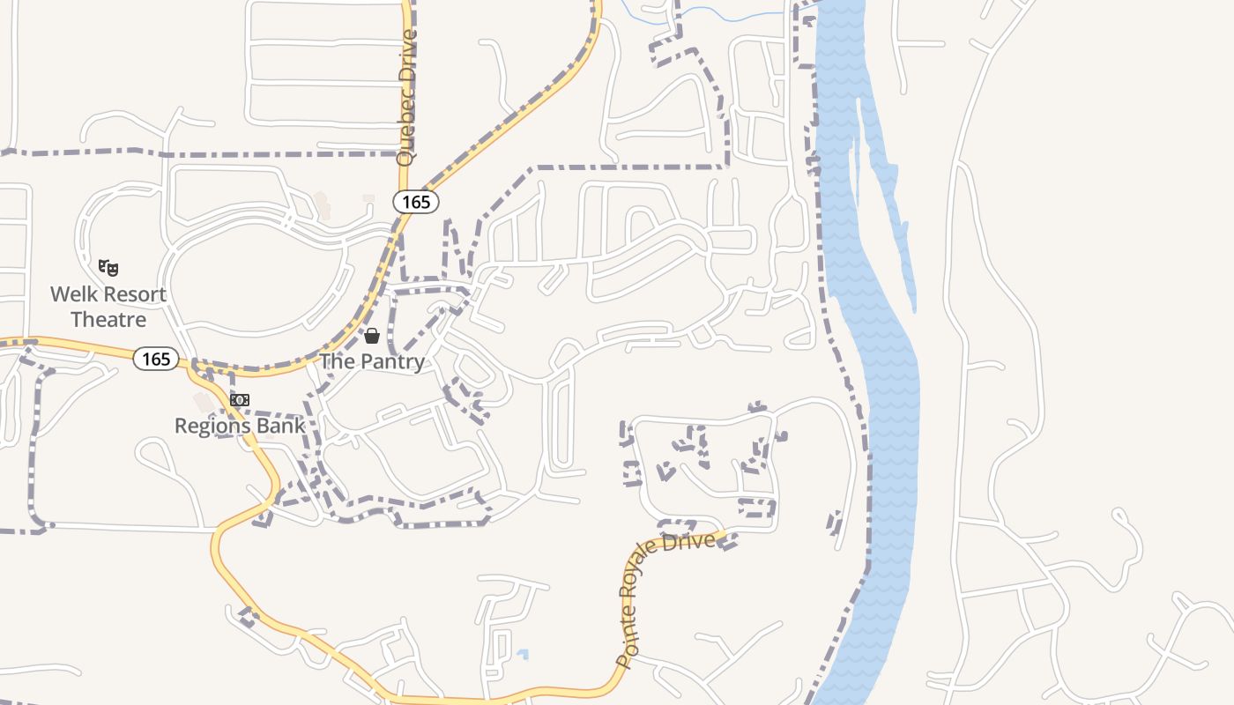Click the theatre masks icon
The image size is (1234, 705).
[x=108, y=267]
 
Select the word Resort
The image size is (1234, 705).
[x=132, y=294]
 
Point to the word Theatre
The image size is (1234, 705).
[x=108, y=319]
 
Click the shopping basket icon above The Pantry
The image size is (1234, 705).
[x=372, y=336]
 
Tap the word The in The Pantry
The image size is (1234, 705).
[x=337, y=361]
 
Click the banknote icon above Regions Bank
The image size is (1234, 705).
[x=240, y=400]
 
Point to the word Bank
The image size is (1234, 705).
[x=282, y=427]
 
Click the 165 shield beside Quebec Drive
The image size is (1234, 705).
[x=415, y=202]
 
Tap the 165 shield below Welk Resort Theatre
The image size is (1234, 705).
[x=156, y=359]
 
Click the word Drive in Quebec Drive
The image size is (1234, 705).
[x=406, y=57]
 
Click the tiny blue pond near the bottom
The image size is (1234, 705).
[x=523, y=655]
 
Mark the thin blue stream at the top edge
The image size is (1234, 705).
[x=705, y=12]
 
